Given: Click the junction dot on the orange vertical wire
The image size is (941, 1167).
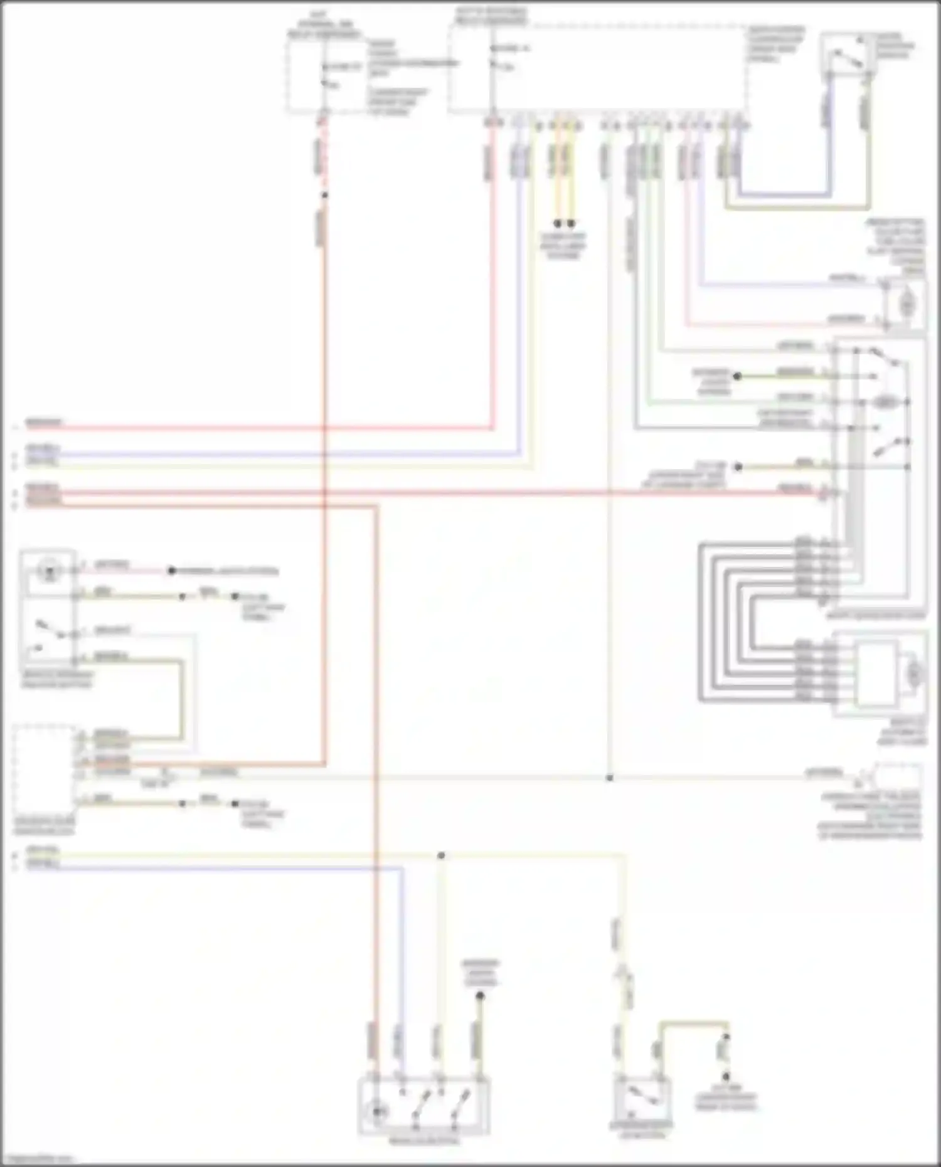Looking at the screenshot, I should pyautogui.click(x=324, y=196).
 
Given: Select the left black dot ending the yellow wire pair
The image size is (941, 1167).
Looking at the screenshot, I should pyautogui.click(x=557, y=223).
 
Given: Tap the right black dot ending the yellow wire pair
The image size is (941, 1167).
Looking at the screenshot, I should pyautogui.click(x=571, y=223).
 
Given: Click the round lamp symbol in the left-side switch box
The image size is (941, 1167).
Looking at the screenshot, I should pyautogui.click(x=48, y=571).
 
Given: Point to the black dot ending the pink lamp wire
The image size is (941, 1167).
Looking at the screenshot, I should pyautogui.click(x=171, y=571).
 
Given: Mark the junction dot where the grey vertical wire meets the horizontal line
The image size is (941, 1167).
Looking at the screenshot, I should pyautogui.click(x=609, y=778).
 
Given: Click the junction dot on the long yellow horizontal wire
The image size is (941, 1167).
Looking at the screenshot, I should pyautogui.click(x=441, y=855).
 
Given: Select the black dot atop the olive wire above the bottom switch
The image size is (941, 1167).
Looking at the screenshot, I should pyautogui.click(x=480, y=995).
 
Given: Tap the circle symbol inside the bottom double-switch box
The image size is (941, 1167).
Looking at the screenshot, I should pyautogui.click(x=378, y=1112).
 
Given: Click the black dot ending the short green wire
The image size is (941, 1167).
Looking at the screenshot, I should pyautogui.click(x=738, y=376).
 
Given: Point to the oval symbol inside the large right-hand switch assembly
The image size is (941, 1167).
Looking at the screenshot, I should pyautogui.click(x=884, y=403).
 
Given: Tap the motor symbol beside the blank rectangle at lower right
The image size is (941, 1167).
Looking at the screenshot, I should pyautogui.click(x=914, y=674).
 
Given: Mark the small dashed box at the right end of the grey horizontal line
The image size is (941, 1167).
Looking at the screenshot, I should pyautogui.click(x=897, y=778).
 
